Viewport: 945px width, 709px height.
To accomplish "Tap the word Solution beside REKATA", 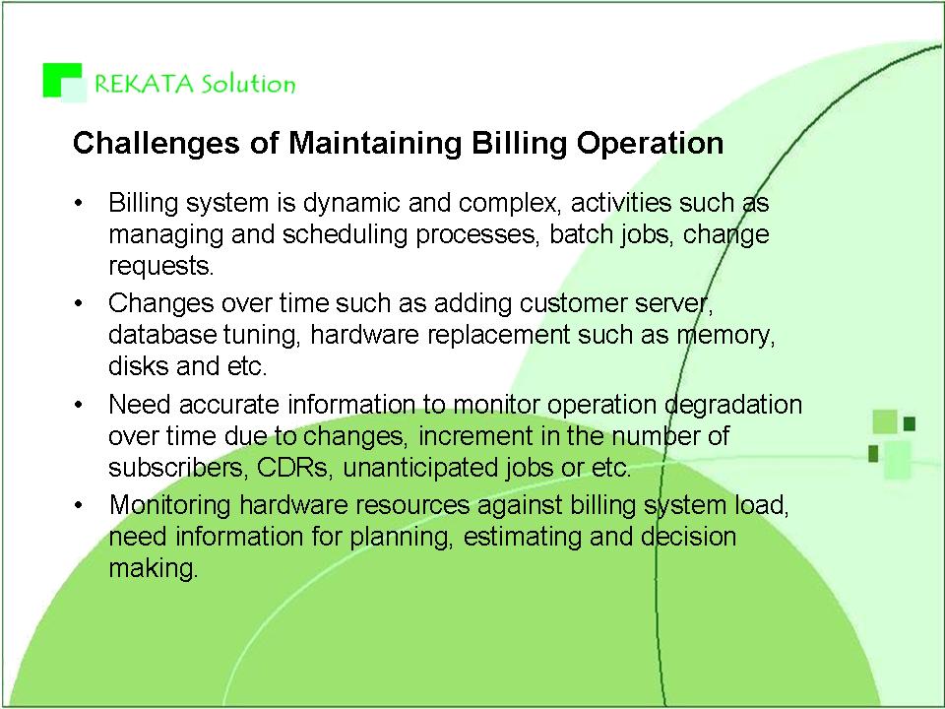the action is [248, 83].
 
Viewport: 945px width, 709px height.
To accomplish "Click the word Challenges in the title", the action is [156, 144].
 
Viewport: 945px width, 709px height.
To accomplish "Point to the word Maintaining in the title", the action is [375, 144].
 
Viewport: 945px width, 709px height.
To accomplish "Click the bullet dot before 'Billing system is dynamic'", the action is [78, 203].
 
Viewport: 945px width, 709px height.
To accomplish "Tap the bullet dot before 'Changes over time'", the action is [78, 303].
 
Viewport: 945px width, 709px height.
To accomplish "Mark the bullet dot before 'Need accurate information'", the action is [78, 405].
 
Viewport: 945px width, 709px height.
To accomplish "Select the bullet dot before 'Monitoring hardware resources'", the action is [78, 504].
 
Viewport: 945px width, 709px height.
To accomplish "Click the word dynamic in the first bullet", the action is [352, 204].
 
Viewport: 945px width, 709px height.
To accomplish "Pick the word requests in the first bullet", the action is [160, 266].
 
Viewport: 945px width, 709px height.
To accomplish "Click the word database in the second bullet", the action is [162, 334].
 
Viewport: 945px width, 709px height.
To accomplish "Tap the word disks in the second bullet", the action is [138, 365].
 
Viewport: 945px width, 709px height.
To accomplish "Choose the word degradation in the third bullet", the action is [733, 405].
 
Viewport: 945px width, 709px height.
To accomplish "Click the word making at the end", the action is [154, 568].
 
